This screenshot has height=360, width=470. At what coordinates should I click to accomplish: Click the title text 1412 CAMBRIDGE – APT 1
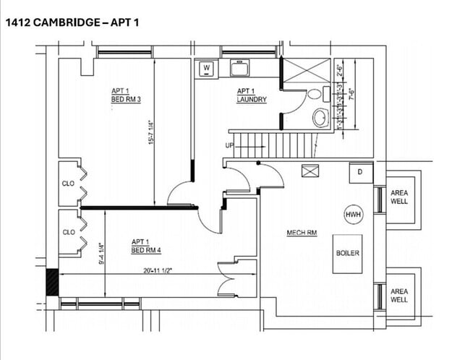tap(72, 22)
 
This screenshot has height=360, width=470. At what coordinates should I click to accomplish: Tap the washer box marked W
tap(207, 69)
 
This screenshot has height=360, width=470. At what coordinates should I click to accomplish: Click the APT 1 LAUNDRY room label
tap(252, 95)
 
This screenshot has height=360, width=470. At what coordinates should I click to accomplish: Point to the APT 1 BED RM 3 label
tap(127, 95)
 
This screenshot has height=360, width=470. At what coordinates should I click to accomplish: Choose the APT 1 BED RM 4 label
tap(146, 246)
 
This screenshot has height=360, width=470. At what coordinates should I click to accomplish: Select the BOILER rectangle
tap(347, 254)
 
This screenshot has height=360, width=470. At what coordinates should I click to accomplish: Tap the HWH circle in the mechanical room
tap(353, 215)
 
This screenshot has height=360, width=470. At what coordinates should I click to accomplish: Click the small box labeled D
tap(361, 173)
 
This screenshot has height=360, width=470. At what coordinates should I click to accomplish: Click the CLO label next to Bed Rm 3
tap(69, 183)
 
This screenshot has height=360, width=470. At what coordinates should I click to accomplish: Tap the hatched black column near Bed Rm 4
tap(52, 281)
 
